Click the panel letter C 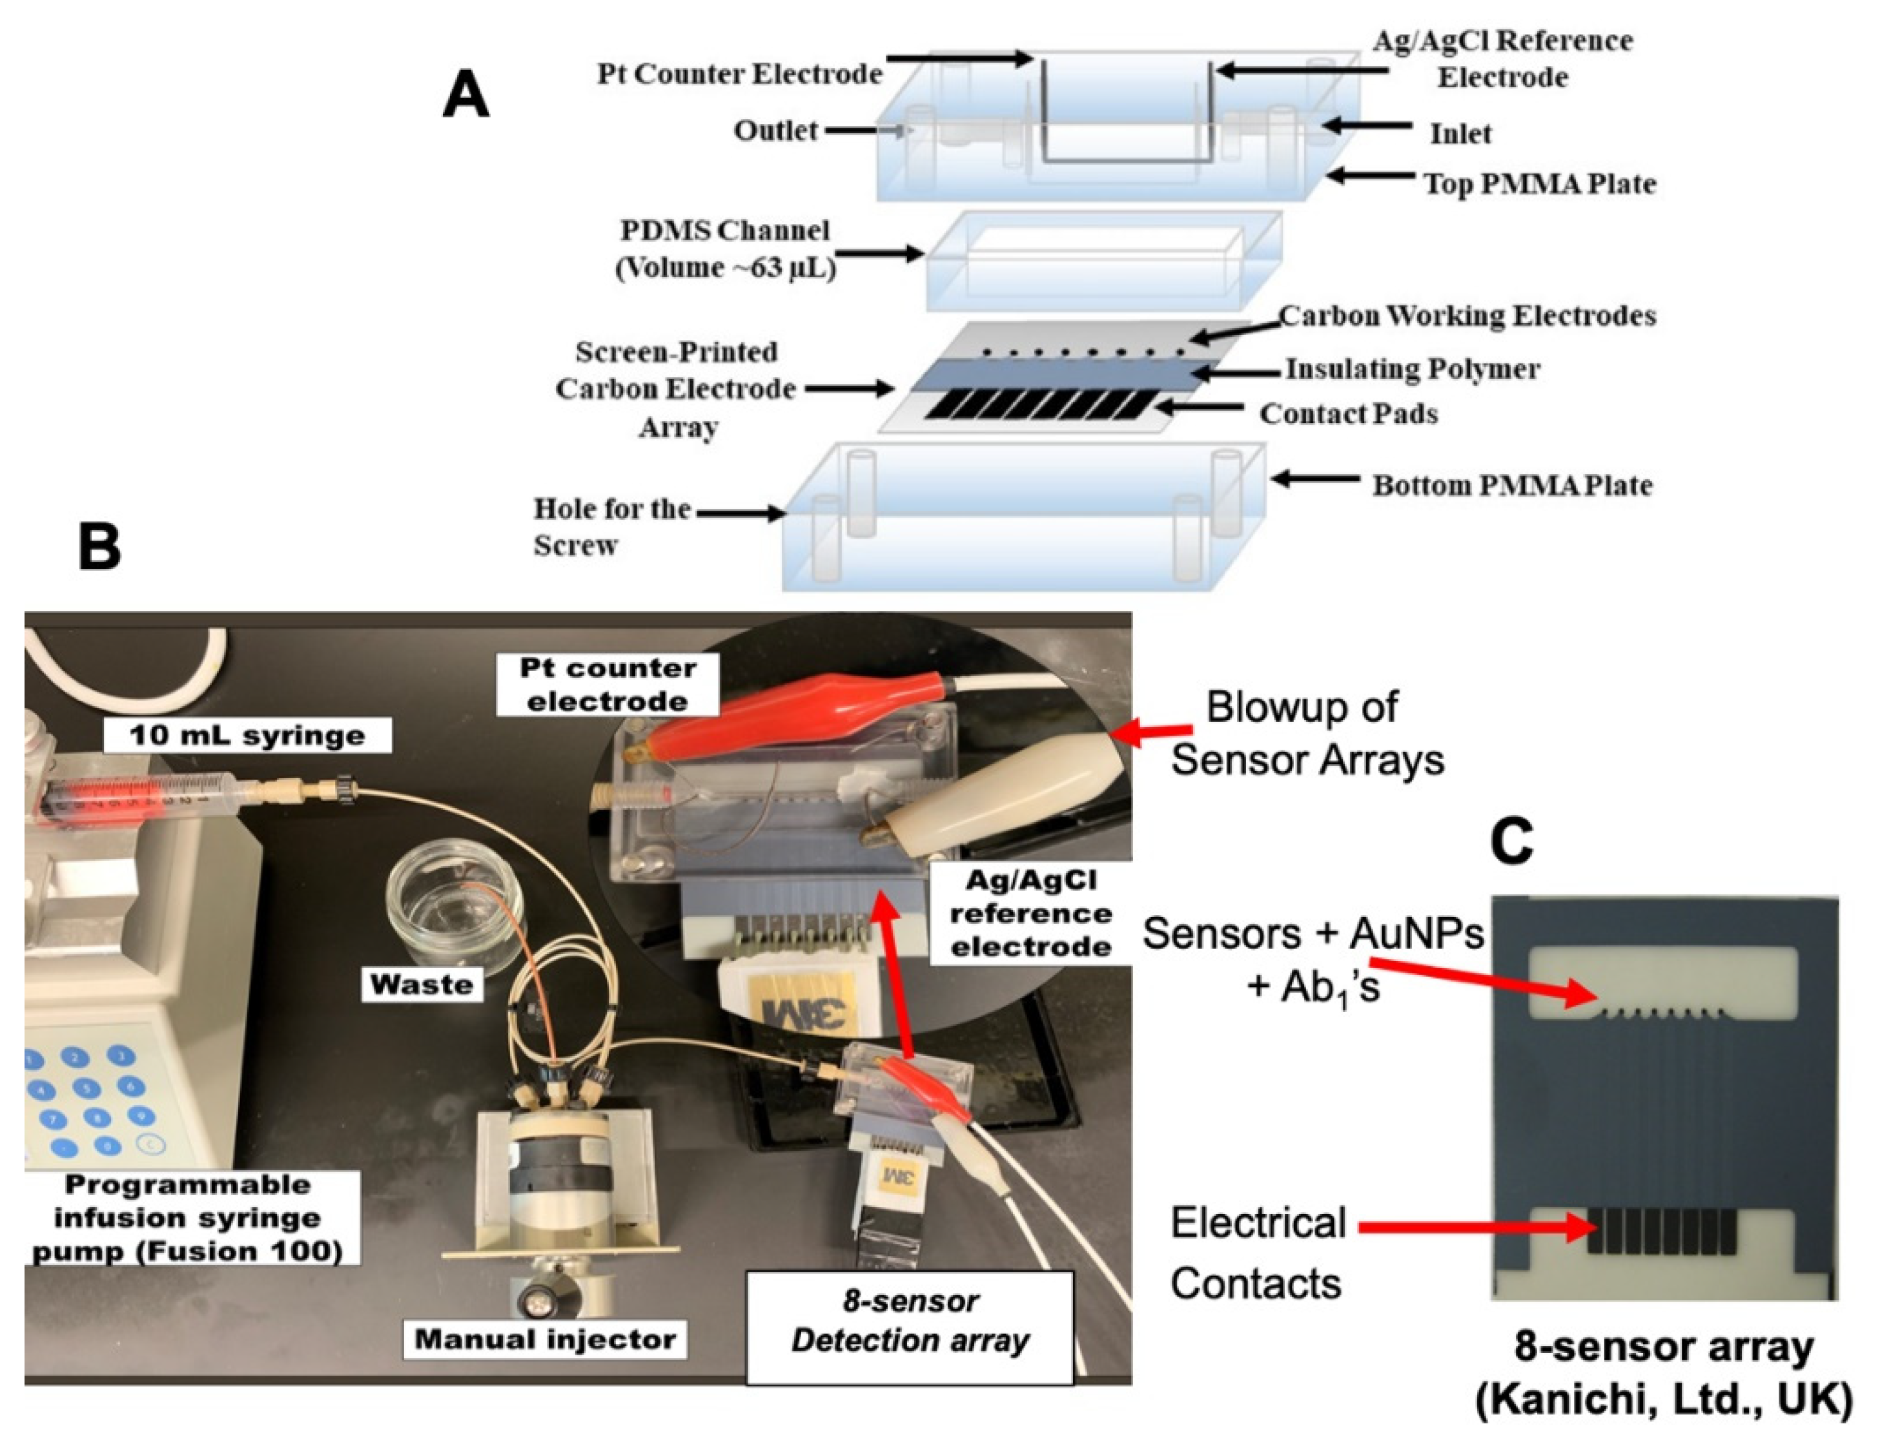[x=1511, y=841]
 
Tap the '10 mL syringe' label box [x=247, y=735]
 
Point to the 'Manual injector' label [x=545, y=1339]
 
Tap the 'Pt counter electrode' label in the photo [x=607, y=685]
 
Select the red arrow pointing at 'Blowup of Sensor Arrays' [x=1154, y=734]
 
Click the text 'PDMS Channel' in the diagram [x=725, y=231]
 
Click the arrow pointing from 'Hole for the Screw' [x=741, y=513]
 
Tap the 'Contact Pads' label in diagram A [x=1348, y=413]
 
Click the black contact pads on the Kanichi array [x=1661, y=1231]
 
